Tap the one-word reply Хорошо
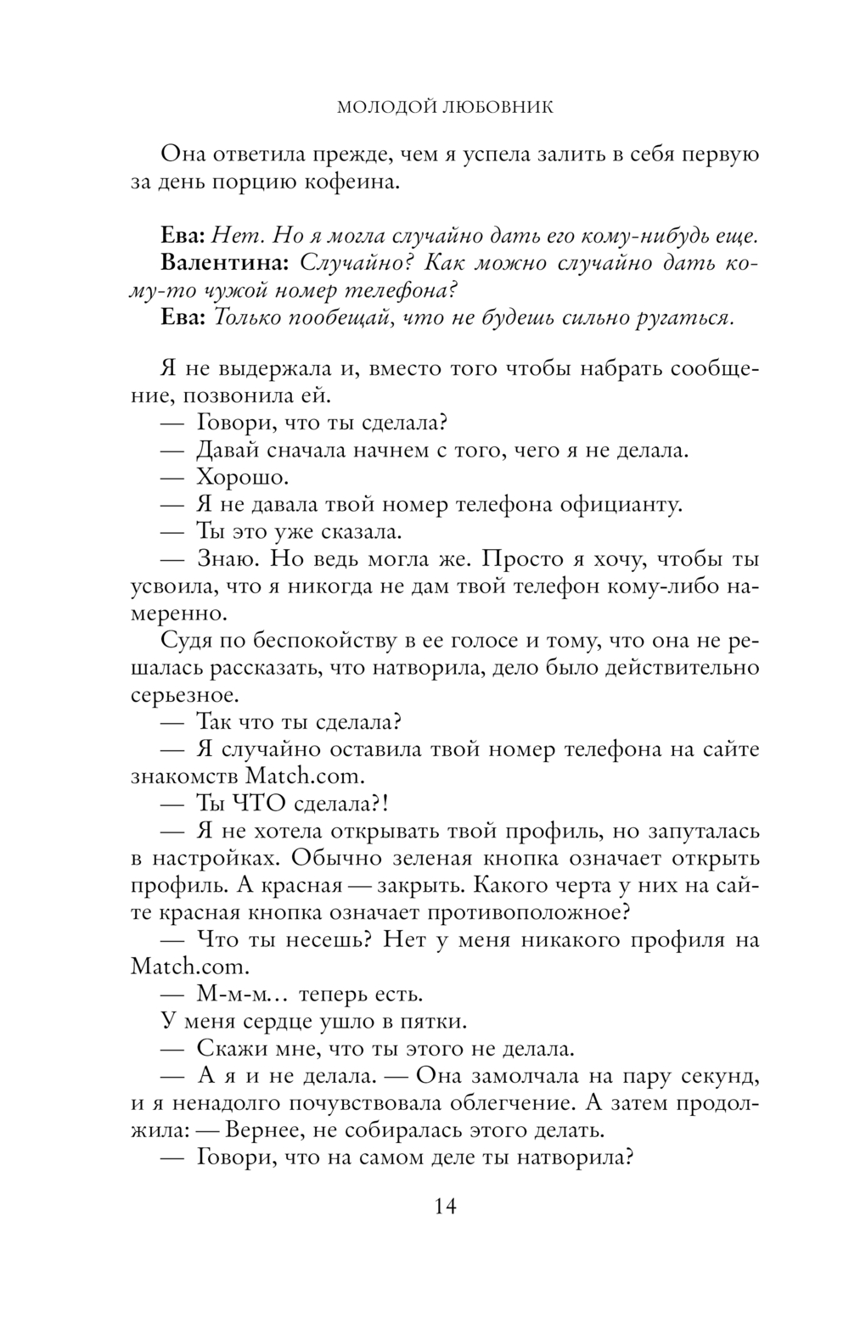click(242, 478)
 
